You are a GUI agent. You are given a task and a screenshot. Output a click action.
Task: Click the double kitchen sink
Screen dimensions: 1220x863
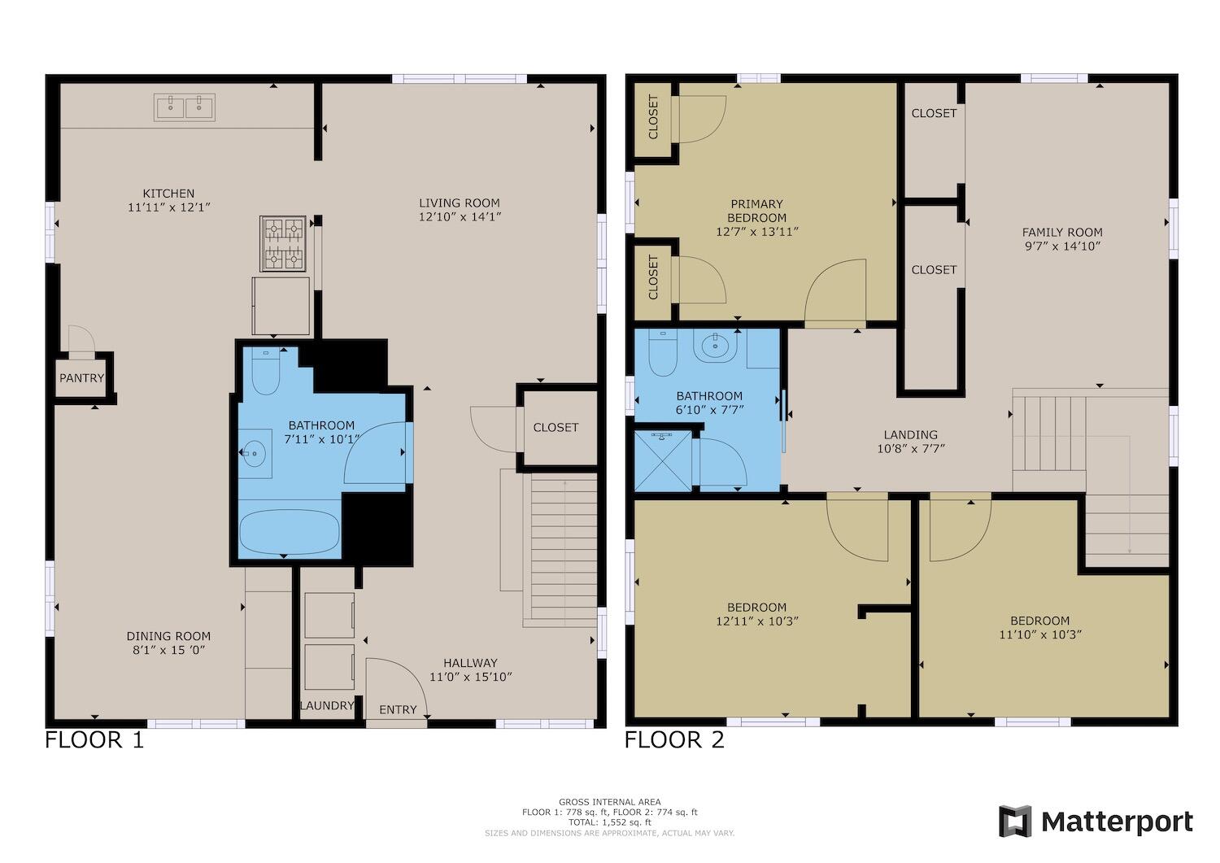185,107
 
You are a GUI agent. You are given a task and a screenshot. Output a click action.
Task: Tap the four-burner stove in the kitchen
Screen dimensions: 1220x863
282,243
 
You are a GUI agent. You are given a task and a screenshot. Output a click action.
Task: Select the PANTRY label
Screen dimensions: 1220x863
81,378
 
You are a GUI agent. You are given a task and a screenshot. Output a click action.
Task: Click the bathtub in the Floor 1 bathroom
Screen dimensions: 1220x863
290,531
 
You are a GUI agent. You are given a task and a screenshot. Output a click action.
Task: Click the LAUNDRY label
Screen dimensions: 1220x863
327,705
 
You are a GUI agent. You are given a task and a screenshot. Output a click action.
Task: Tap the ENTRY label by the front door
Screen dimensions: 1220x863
399,709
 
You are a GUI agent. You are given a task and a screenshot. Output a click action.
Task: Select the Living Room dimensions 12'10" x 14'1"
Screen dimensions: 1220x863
460,217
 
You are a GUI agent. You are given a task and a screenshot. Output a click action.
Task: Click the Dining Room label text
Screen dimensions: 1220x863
168,636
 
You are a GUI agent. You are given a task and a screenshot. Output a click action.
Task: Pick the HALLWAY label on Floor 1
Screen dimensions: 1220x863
470,663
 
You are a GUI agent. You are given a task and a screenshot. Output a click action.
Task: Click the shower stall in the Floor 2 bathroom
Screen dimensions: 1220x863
663,461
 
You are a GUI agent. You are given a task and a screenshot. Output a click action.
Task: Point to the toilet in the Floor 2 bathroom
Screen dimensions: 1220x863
663,352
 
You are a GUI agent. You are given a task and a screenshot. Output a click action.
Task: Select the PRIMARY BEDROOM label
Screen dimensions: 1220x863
757,211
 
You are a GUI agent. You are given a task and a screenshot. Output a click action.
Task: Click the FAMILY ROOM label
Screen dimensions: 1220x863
1062,232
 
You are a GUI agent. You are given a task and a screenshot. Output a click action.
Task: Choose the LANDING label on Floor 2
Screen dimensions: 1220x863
911,435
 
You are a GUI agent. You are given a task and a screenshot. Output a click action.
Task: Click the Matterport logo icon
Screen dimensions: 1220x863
1015,821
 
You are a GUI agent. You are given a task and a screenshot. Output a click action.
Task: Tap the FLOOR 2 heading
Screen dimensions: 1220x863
674,740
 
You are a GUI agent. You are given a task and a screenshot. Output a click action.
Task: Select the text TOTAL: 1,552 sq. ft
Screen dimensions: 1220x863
610,822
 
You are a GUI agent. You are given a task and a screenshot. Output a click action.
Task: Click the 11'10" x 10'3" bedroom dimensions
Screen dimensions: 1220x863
1040,634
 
